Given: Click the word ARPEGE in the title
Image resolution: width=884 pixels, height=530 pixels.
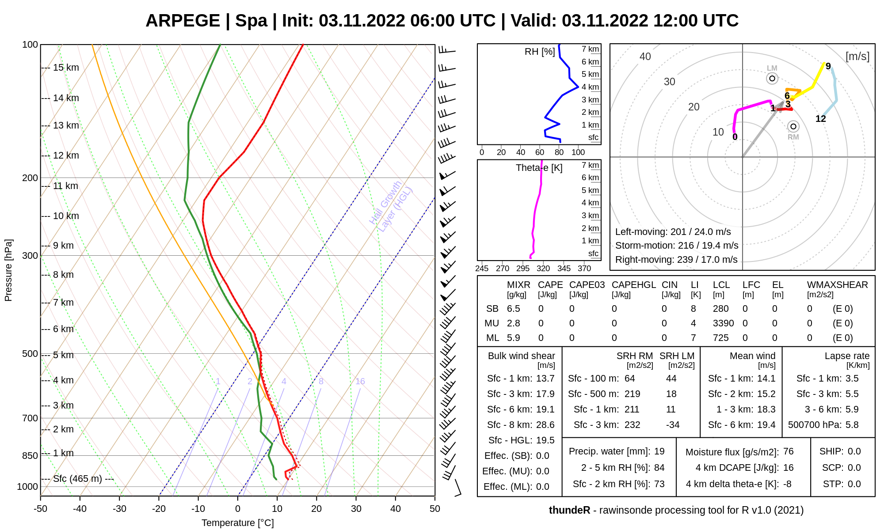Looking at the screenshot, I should (x=183, y=21).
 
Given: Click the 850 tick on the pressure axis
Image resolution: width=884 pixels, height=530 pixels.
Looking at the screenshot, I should (x=30, y=455).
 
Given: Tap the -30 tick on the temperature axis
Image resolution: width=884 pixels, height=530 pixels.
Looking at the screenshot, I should (x=119, y=508).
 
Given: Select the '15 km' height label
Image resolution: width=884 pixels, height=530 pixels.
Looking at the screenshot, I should (x=66, y=68).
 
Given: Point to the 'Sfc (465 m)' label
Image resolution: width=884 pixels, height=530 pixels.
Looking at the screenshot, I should (x=77, y=479).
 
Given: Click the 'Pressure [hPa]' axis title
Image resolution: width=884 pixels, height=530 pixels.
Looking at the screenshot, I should (x=8, y=270).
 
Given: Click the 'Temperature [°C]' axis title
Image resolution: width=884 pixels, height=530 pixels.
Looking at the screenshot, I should (x=238, y=523).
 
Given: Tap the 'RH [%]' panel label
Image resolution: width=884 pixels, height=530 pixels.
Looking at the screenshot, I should (x=540, y=52).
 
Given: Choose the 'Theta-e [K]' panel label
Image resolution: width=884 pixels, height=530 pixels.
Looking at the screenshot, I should (x=539, y=168).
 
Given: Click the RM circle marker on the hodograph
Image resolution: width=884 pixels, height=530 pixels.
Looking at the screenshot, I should (x=793, y=127).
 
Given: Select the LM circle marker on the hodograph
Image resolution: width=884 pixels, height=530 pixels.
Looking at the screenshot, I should (x=772, y=79).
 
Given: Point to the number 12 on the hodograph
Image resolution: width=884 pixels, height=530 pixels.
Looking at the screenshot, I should (x=821, y=119).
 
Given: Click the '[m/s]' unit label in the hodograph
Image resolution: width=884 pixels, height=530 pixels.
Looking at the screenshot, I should (x=857, y=57).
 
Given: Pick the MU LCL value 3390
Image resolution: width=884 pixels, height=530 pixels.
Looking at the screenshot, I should (x=723, y=323).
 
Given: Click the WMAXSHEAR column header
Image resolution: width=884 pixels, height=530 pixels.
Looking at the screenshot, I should (x=837, y=285).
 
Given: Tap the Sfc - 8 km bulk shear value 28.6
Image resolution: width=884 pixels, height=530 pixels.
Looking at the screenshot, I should (x=545, y=425).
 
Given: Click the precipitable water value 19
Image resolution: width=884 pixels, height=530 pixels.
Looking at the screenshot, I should (x=659, y=451).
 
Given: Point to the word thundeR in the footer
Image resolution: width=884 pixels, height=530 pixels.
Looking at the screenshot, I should (x=569, y=510).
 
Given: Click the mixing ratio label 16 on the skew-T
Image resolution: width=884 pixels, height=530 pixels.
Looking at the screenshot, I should (x=360, y=381).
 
